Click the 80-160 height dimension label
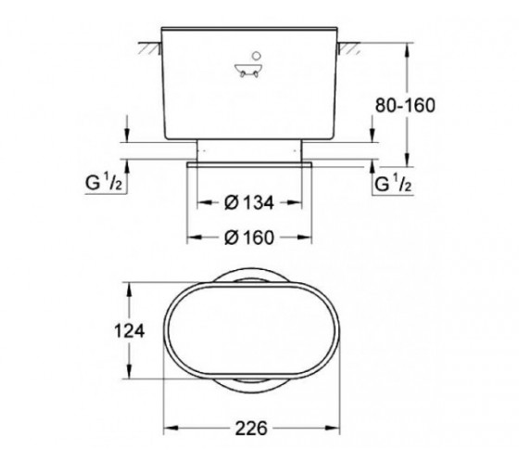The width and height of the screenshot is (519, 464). tap(405, 106)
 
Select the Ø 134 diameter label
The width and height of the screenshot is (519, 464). tap(249, 202)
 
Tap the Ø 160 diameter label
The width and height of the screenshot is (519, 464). tap(249, 238)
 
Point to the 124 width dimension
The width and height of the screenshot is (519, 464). tap(129, 330)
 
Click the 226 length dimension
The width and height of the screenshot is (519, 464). tap(251, 428)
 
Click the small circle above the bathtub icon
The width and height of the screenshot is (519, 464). tap(257, 56)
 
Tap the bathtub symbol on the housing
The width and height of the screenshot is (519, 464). tap(249, 71)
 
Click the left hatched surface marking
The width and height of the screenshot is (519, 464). tap(150, 48)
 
